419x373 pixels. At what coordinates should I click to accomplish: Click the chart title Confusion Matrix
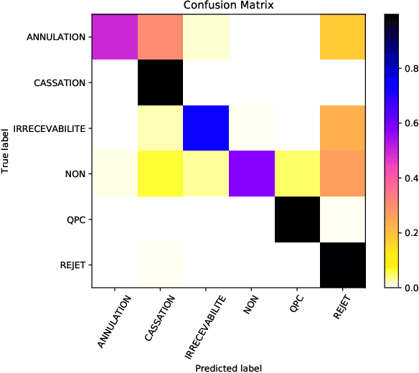click(229, 6)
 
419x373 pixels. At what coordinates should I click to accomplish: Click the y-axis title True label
click(6, 150)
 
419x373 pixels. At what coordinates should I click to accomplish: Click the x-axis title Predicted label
click(229, 367)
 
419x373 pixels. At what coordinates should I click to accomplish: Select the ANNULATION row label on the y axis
click(57, 37)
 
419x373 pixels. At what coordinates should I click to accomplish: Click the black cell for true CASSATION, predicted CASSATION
click(160, 82)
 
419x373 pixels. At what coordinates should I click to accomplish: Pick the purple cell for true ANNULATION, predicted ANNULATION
click(115, 37)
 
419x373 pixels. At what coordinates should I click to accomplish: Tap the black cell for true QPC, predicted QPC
click(298, 219)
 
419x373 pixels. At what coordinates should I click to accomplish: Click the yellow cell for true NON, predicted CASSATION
click(160, 174)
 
